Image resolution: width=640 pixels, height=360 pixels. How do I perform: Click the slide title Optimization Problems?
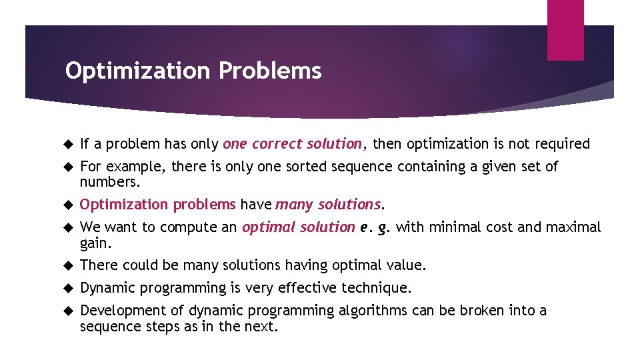tap(193, 70)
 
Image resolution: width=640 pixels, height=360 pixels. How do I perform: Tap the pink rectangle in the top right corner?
tap(565, 30)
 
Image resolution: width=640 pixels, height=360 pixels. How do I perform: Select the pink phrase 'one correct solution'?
tap(293, 144)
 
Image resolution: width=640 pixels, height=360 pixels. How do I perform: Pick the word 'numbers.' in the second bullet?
tap(105, 182)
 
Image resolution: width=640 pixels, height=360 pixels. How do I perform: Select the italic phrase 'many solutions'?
tap(328, 205)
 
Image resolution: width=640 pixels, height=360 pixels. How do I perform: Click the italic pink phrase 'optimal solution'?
tap(298, 227)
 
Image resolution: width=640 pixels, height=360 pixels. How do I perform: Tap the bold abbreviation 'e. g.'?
tap(375, 227)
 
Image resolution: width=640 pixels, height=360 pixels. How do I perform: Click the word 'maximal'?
tap(575, 227)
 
